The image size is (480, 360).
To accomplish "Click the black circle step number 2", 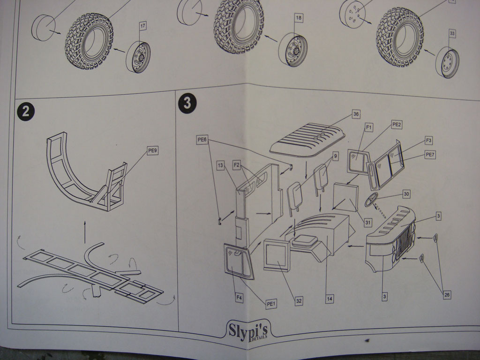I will tap(26, 112).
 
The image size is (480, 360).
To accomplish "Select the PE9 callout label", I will tap(152, 150).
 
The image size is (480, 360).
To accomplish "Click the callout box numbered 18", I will tap(299, 18).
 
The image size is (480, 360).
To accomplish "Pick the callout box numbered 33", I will tap(452, 33).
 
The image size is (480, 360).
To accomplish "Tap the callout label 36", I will tap(356, 114).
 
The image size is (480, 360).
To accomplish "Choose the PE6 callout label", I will tap(202, 139).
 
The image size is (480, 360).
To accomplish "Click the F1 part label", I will tap(369, 127).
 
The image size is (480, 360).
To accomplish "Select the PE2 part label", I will tap(397, 124).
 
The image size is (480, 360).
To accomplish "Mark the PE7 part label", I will tap(429, 154).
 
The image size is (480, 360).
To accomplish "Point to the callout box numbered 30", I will tap(406, 194).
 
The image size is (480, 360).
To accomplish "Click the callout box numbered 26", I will tap(447, 294).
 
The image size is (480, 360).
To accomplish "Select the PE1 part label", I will tap(271, 304).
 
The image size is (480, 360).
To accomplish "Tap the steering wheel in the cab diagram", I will tap(372, 199).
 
